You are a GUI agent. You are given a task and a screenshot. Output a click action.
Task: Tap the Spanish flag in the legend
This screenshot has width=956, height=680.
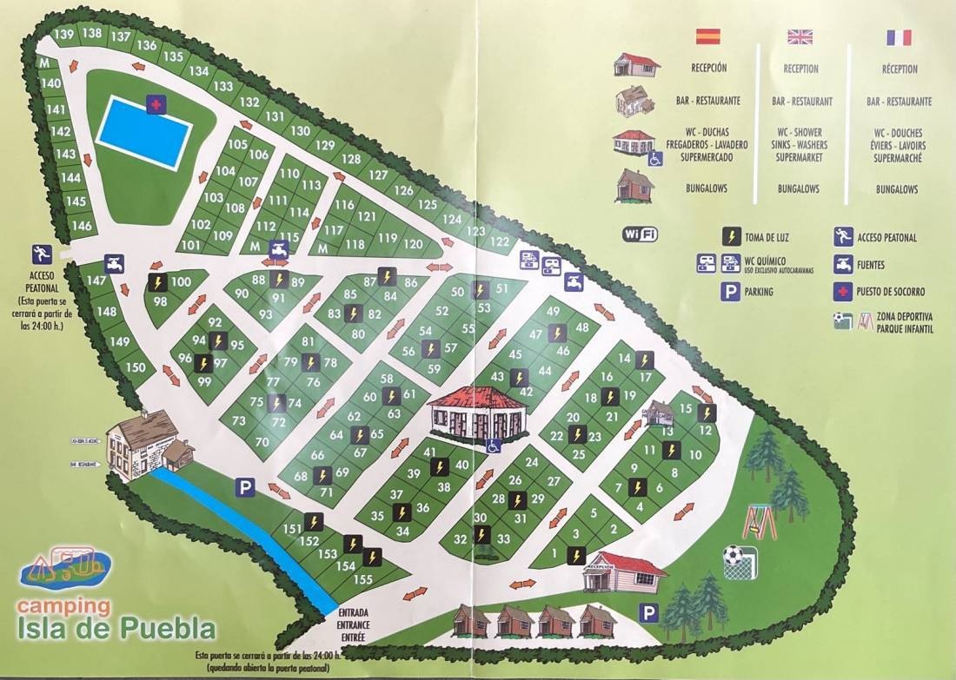click(x=708, y=36)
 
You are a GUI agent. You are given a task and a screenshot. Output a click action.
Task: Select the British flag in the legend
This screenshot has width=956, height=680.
click(x=800, y=36)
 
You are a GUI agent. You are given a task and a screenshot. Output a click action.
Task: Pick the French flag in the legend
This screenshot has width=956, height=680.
click(x=899, y=37)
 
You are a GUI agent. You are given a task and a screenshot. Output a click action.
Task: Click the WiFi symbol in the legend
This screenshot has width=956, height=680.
click(x=641, y=234)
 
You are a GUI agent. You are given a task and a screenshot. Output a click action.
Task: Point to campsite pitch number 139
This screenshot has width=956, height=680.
click(x=63, y=35)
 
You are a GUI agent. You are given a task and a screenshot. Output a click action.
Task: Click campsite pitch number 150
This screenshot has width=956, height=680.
click(x=136, y=367)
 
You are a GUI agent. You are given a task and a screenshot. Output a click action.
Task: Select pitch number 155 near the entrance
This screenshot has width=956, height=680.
click(x=362, y=579)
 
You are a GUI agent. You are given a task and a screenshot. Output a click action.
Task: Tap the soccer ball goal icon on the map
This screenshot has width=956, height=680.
click(x=740, y=562)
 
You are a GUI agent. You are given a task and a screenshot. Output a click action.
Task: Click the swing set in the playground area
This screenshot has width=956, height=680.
click(x=758, y=522)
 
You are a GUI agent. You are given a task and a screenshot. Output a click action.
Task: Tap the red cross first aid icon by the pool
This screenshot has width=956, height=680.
click(x=156, y=104)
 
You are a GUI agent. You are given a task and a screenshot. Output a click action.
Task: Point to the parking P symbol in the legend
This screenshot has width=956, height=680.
click(x=730, y=293)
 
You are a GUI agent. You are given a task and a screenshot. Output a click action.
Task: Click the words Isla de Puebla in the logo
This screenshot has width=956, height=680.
click(x=116, y=627)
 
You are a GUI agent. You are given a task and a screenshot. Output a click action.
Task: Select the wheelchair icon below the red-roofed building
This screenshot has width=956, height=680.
click(x=493, y=446)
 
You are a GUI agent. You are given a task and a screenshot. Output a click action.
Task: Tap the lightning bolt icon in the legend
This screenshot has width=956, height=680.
click(x=731, y=235)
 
